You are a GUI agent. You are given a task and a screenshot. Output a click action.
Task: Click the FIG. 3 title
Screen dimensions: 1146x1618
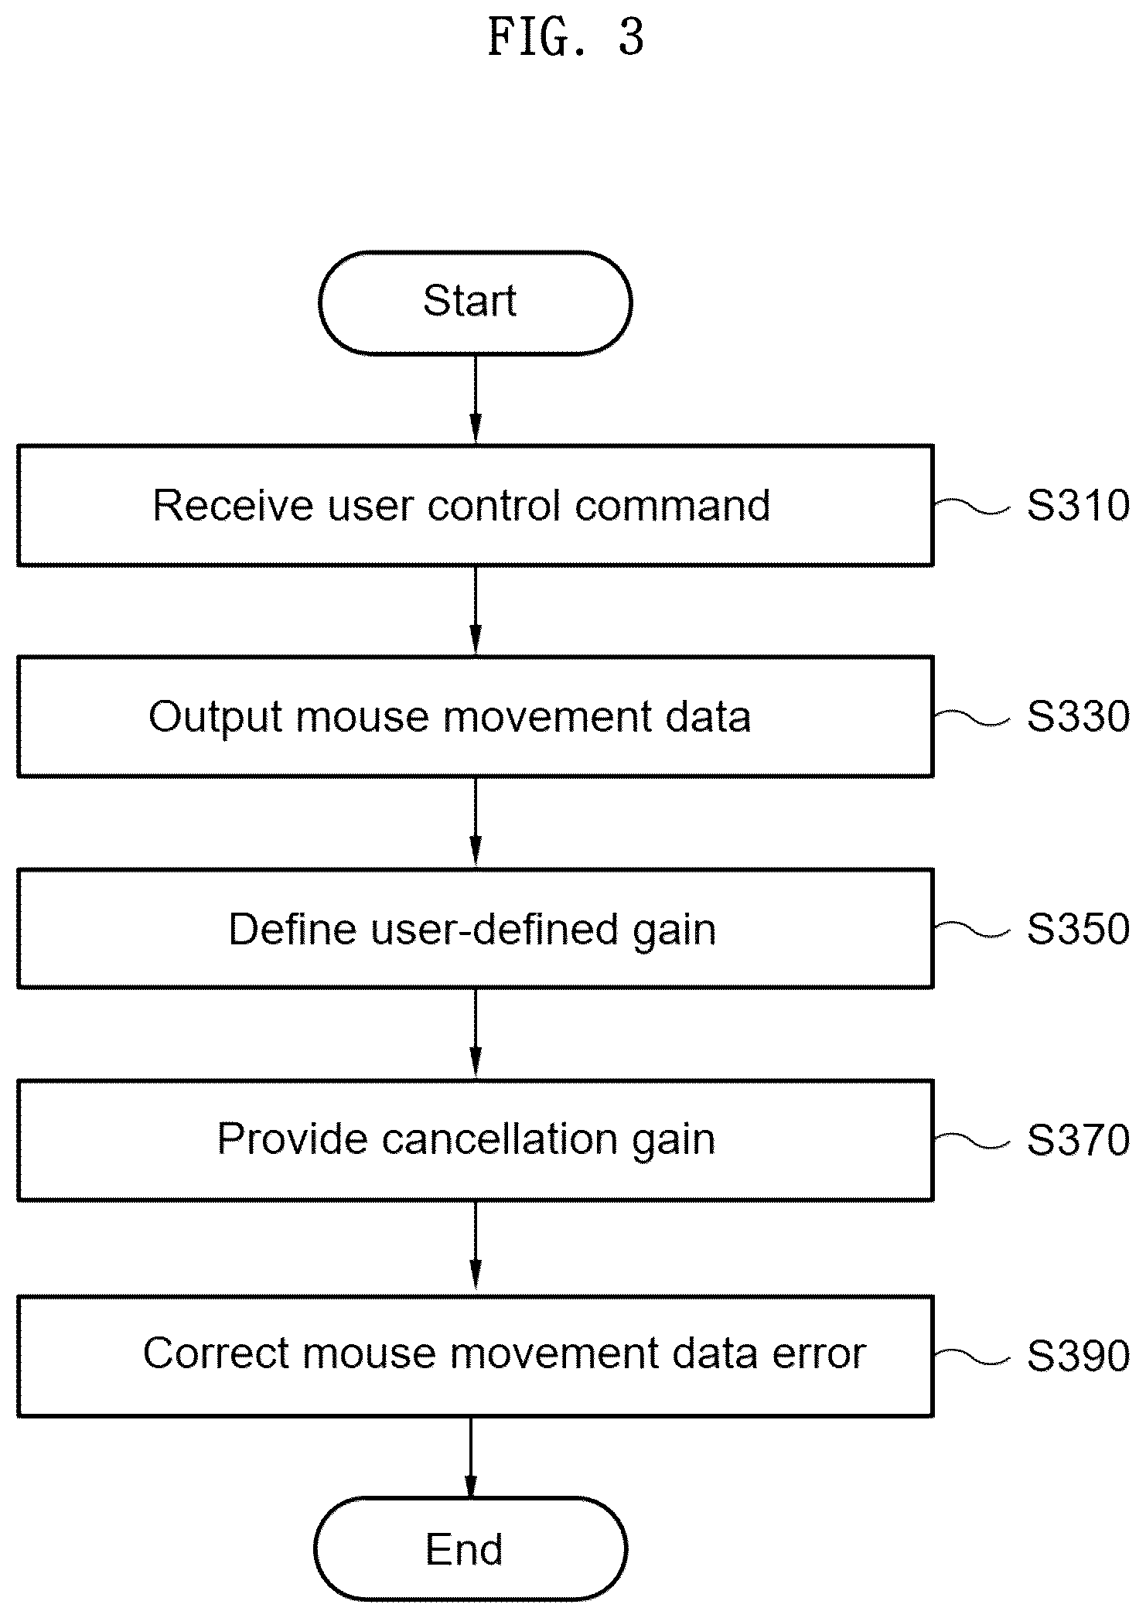pyautogui.click(x=566, y=36)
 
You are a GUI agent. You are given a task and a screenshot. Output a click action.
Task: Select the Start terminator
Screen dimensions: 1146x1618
pyautogui.click(x=475, y=302)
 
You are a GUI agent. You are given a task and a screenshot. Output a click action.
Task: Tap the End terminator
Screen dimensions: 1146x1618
pyautogui.click(x=470, y=1550)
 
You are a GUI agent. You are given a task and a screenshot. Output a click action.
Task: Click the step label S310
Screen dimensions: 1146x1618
pyautogui.click(x=1078, y=505)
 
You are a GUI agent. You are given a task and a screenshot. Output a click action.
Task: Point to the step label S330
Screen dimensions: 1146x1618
pyautogui.click(x=1078, y=716)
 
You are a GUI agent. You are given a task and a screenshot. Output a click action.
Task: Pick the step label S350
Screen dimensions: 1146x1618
pyautogui.click(x=1078, y=928)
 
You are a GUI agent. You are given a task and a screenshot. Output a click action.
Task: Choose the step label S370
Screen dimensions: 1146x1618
pyautogui.click(x=1078, y=1140)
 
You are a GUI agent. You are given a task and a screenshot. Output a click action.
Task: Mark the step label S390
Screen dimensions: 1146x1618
pyautogui.click(x=1078, y=1356)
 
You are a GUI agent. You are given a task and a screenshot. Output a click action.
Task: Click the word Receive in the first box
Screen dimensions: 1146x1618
pyautogui.click(x=233, y=505)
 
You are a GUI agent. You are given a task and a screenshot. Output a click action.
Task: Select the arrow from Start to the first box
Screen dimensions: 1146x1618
pyautogui.click(x=476, y=399)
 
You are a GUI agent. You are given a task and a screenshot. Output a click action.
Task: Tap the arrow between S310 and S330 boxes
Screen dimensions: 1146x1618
pyautogui.click(x=476, y=611)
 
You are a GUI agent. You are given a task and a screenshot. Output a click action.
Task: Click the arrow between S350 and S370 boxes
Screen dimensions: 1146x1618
pyautogui.click(x=476, y=1034)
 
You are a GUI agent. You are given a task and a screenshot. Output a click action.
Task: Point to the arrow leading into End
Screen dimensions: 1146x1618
pyautogui.click(x=470, y=1457)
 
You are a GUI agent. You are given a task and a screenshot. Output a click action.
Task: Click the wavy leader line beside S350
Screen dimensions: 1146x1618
pyautogui.click(x=971, y=929)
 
